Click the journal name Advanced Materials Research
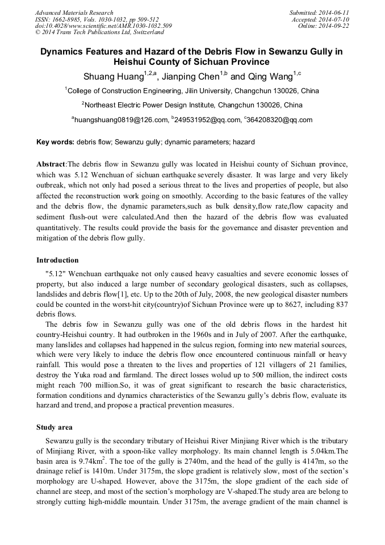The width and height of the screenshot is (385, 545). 74,13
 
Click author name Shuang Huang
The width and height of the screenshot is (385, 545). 111,77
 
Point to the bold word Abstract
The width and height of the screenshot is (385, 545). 51,164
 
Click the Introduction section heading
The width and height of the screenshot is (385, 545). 57,260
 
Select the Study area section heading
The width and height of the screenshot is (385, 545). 55,427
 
